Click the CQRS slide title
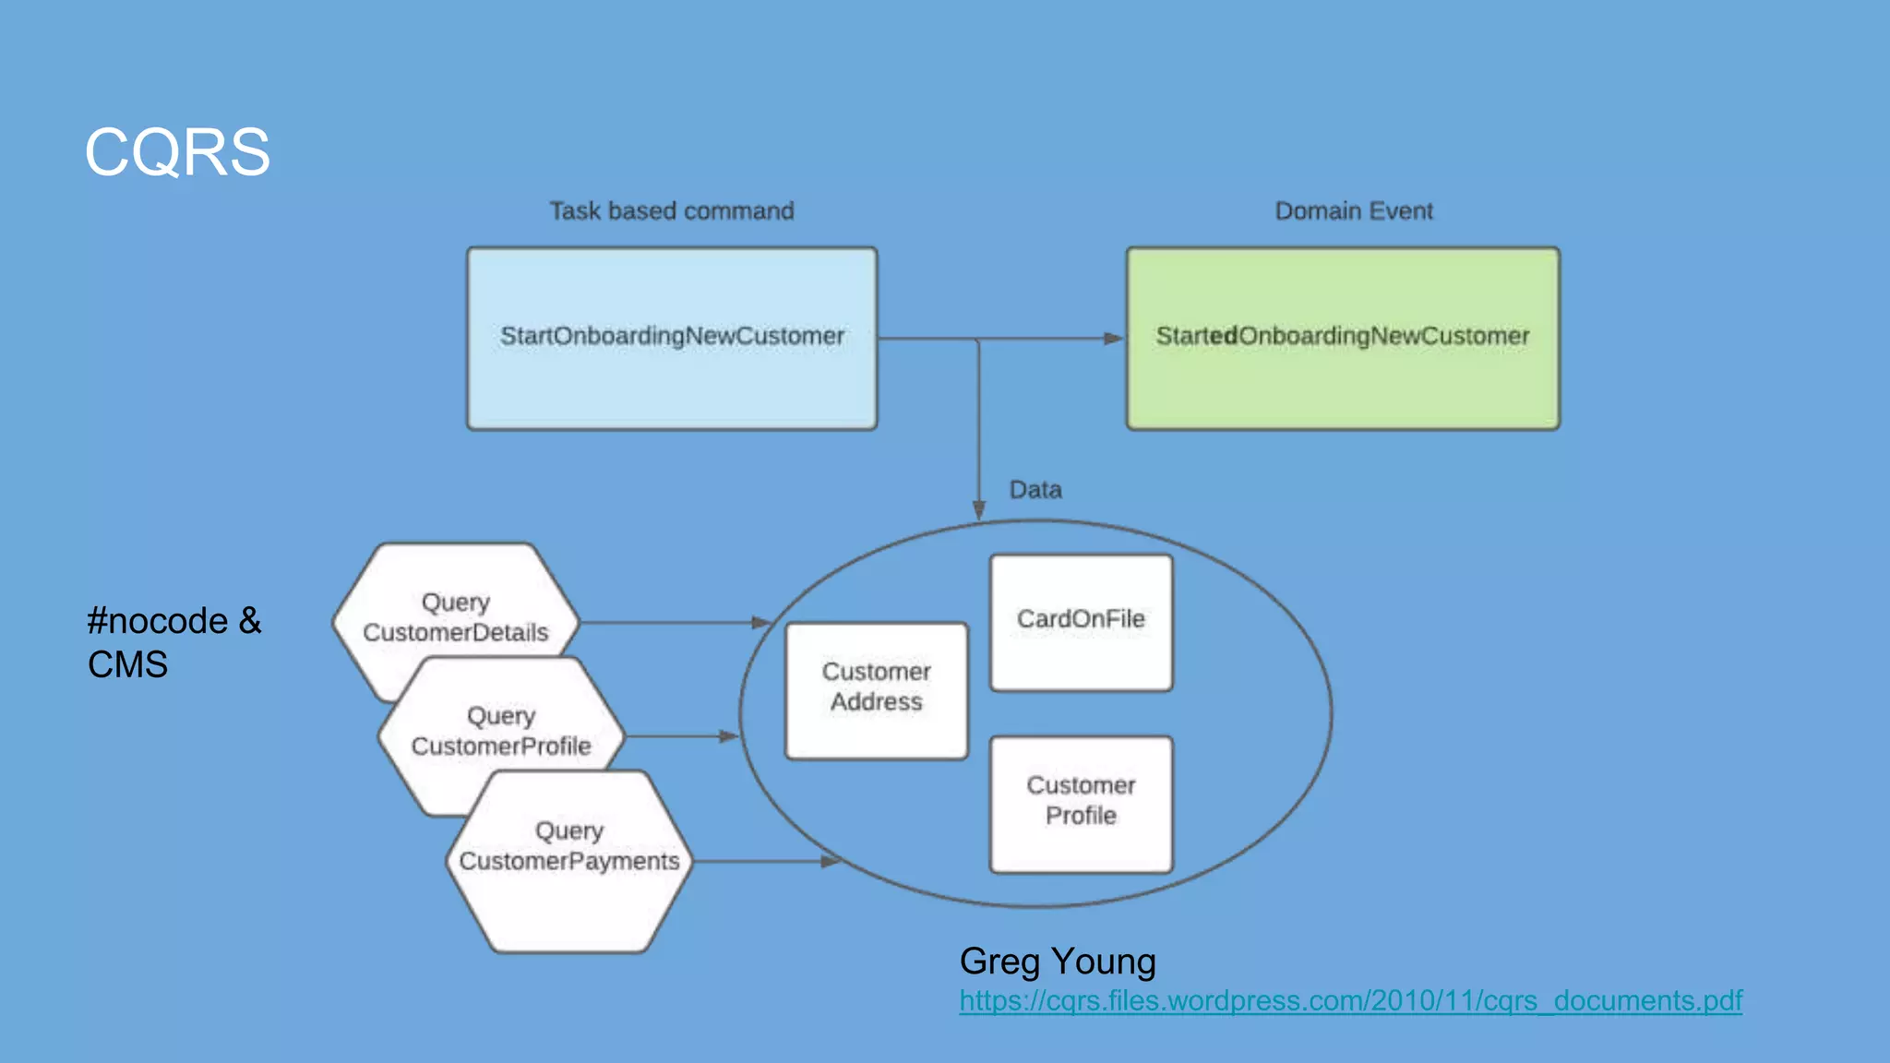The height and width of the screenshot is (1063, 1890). [x=177, y=152]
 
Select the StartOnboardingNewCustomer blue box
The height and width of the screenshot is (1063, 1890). [x=672, y=338]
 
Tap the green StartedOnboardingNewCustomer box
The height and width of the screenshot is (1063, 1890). [x=1343, y=338]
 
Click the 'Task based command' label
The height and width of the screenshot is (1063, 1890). [x=672, y=211]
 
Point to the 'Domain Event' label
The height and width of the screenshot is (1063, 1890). [x=1354, y=211]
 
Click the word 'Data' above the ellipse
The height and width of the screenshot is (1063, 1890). [x=1035, y=490]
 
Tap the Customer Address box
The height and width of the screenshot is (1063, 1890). [x=876, y=689]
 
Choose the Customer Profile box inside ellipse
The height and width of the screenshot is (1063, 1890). [x=1081, y=803]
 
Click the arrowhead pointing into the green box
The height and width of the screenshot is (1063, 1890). [x=1114, y=339]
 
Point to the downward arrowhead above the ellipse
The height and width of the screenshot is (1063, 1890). [x=979, y=510]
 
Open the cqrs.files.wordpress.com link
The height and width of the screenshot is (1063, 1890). [x=1350, y=1001]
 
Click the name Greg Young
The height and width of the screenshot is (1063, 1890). [x=1058, y=961]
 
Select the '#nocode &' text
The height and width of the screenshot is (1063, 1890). [x=174, y=621]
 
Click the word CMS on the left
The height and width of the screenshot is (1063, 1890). [x=128, y=664]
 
